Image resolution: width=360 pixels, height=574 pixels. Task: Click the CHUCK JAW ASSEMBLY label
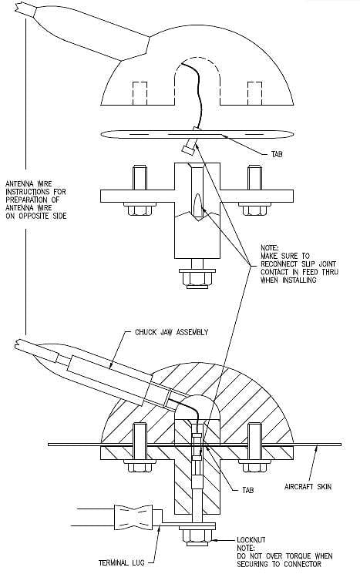coord(171,332)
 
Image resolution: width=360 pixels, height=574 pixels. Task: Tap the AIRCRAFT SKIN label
coord(308,486)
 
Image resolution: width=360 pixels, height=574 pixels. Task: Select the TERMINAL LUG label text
coord(122,562)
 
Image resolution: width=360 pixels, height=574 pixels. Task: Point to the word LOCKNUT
coord(251,540)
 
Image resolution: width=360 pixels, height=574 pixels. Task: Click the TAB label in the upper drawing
coord(277,155)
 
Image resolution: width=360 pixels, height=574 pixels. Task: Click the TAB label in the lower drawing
coord(248,490)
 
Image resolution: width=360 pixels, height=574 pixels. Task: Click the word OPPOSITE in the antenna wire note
coord(39,216)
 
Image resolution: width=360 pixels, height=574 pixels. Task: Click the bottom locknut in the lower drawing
coord(197,537)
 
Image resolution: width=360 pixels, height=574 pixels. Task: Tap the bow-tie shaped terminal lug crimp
coord(133,515)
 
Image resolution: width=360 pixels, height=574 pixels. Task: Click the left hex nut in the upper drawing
coord(140,210)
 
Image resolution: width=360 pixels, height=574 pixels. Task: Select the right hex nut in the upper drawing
coord(254,210)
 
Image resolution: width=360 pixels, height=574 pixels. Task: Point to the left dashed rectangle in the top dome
coord(140,93)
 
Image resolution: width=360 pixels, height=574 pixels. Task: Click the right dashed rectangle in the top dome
coord(254,93)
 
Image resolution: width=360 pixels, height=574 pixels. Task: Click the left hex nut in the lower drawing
coord(140,466)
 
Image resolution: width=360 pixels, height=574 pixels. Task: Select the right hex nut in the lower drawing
coord(254,466)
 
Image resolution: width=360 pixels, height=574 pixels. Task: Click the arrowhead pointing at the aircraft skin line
coord(317,449)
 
